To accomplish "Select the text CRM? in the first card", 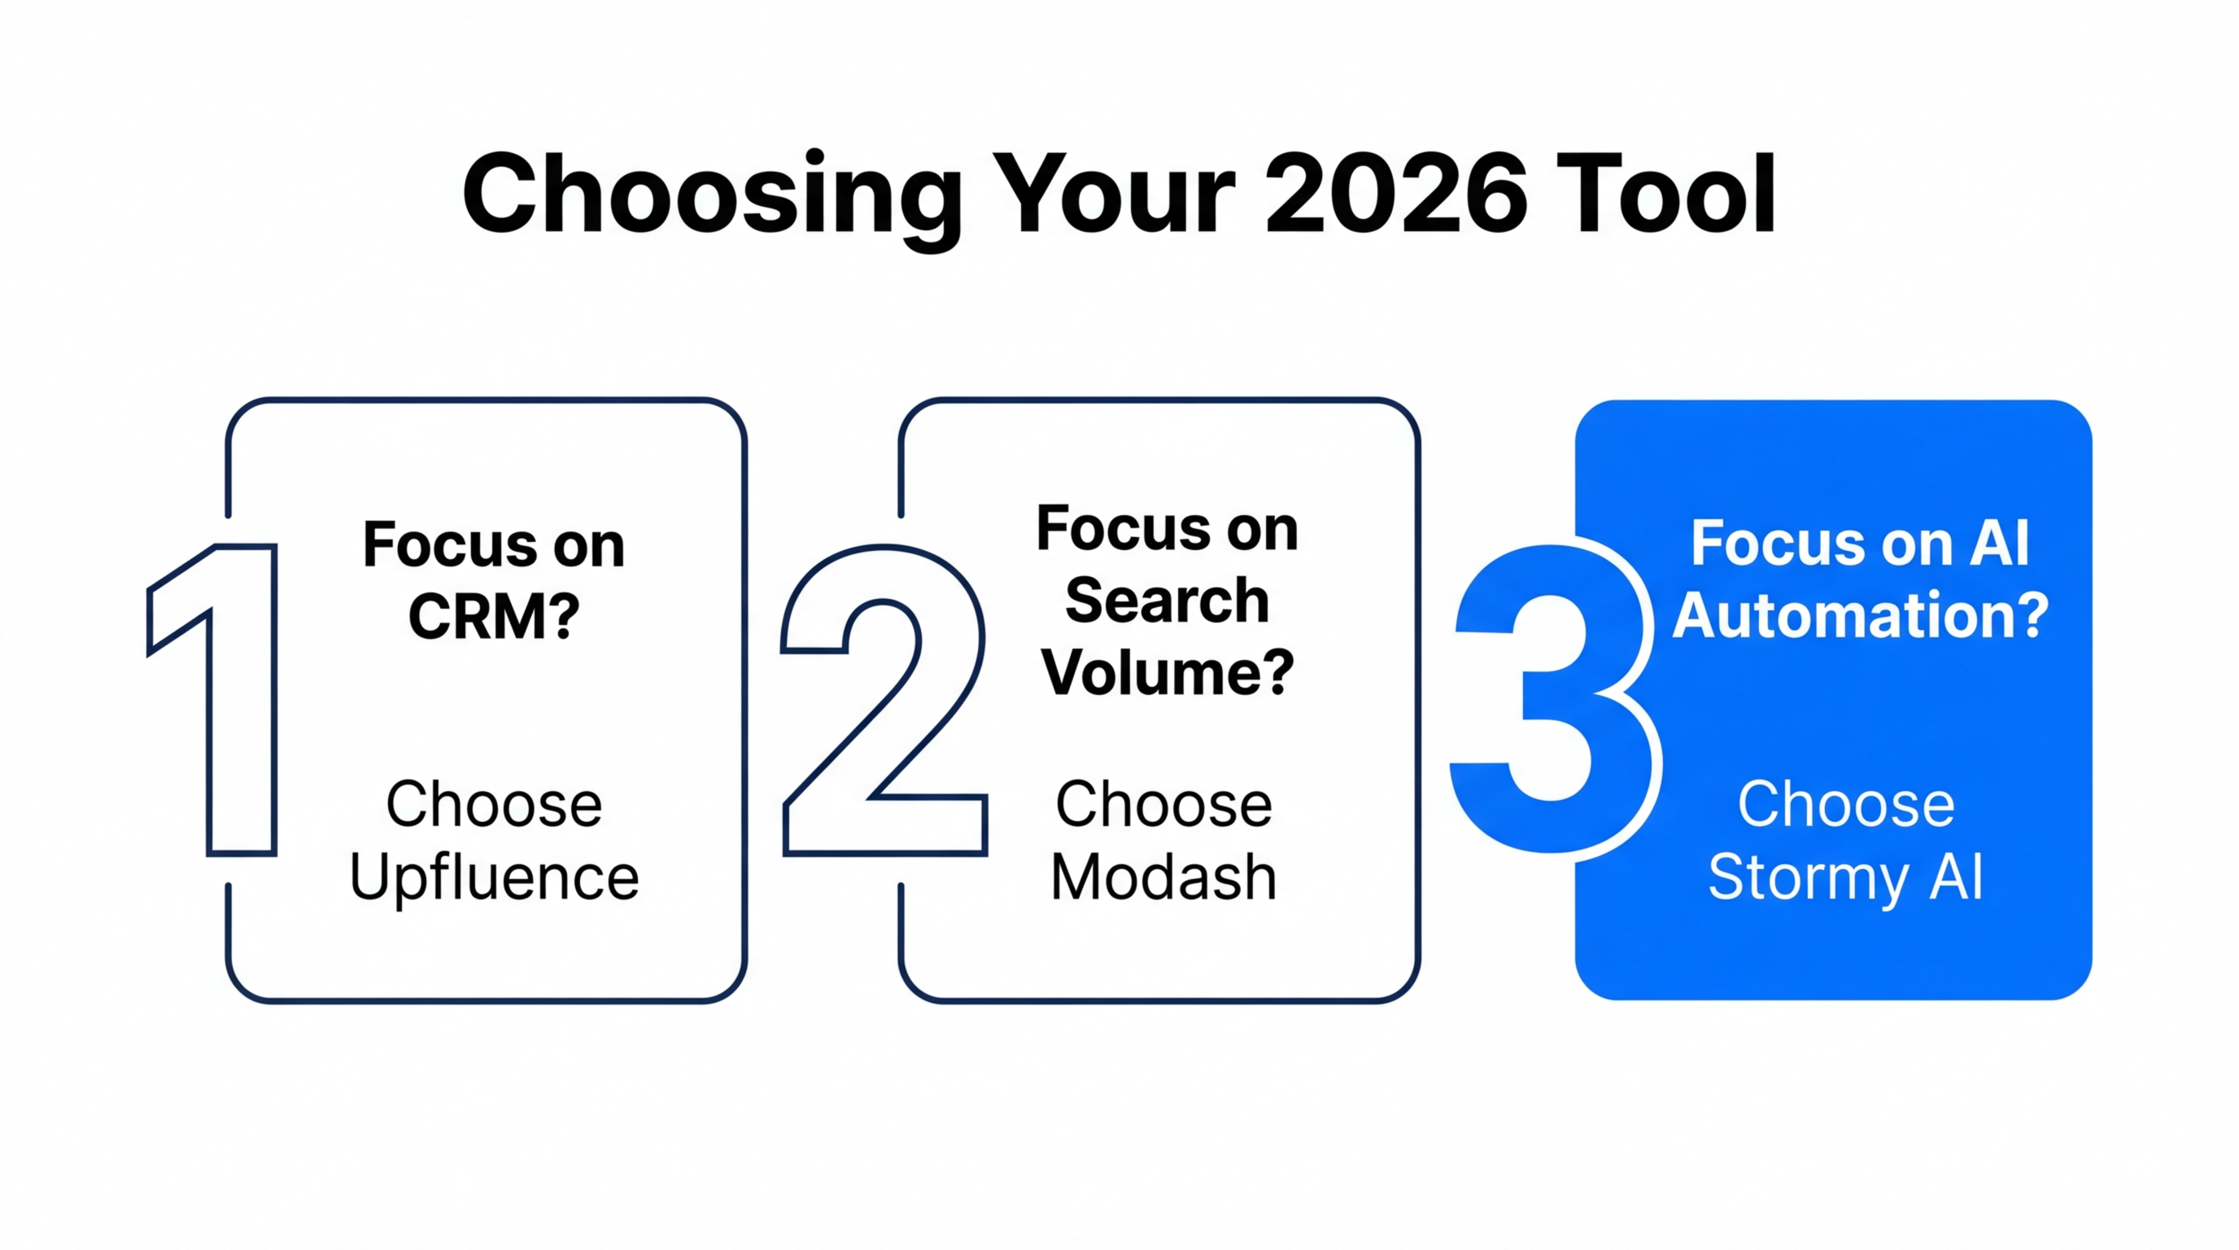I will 494,617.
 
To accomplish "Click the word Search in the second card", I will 1168,601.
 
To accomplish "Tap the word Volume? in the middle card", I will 1168,673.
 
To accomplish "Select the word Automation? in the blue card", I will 1860,615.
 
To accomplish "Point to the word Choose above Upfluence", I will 494,804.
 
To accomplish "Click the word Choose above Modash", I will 1163,804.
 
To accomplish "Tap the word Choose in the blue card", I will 1846,804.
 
